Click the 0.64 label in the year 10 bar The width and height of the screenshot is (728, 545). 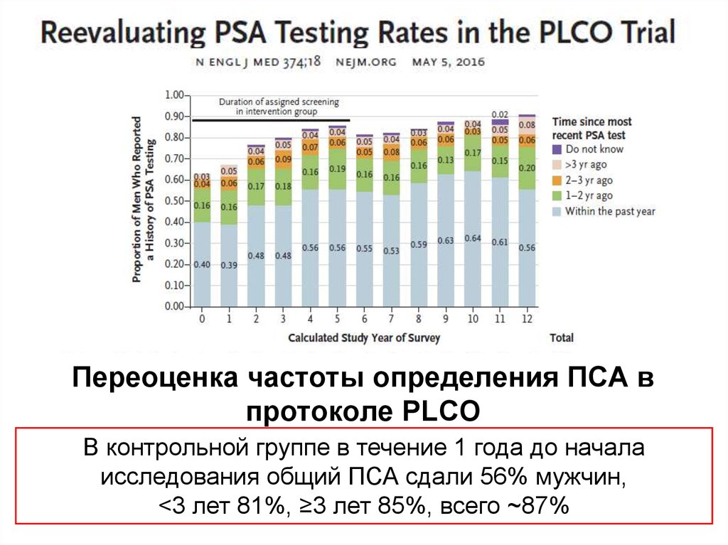pyautogui.click(x=473, y=238)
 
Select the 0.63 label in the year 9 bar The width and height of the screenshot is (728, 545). pyautogui.click(x=446, y=241)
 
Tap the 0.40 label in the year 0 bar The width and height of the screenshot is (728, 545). pyautogui.click(x=202, y=264)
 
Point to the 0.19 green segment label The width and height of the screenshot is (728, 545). pyautogui.click(x=337, y=169)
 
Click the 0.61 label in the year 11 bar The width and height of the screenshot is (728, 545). pyautogui.click(x=500, y=242)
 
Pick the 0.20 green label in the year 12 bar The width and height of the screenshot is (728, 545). pyautogui.click(x=527, y=168)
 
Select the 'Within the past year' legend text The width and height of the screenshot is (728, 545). pyautogui.click(x=610, y=211)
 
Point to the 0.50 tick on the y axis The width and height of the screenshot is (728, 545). pyautogui.click(x=174, y=201)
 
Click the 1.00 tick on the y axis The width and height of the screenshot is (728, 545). pyautogui.click(x=174, y=95)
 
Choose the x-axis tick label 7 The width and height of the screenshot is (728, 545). pyautogui.click(x=391, y=319)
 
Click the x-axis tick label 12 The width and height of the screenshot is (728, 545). pyautogui.click(x=527, y=319)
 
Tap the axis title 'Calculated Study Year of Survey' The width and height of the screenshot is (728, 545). pyautogui.click(x=364, y=338)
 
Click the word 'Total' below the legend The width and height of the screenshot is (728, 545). pyautogui.click(x=562, y=338)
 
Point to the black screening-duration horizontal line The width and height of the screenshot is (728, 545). pyautogui.click(x=271, y=121)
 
